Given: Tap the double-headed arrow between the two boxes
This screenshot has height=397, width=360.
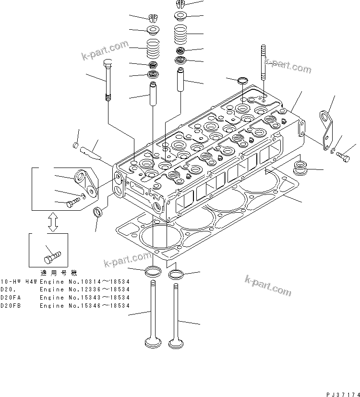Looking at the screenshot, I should pyautogui.click(x=53, y=222).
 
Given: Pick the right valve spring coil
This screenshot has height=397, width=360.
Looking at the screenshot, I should pyautogui.click(x=182, y=35).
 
